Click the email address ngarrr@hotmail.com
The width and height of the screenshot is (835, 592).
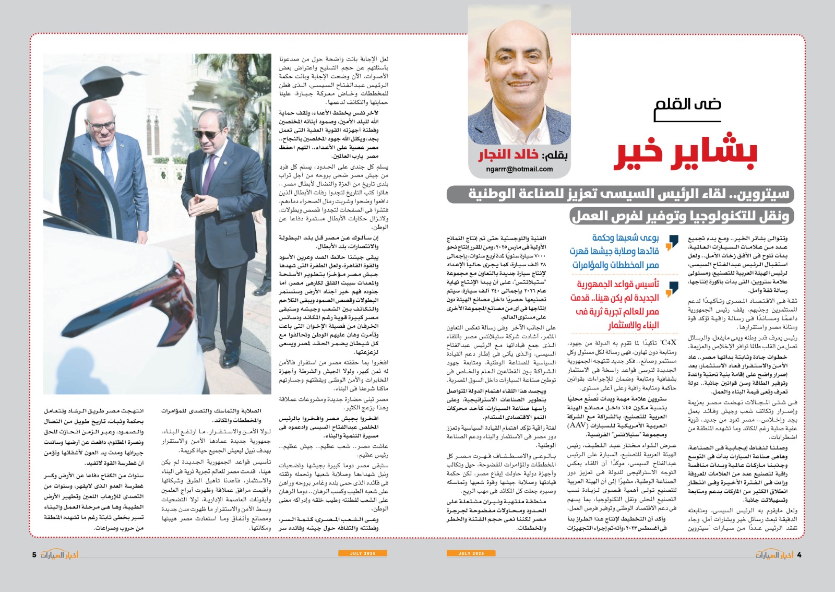pos(519,169)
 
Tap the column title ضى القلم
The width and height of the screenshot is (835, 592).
pos(688,104)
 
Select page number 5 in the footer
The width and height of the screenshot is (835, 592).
pos(34,555)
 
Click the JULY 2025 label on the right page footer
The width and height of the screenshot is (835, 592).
pos(471,553)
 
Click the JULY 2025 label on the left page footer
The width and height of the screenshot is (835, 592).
pos(363,553)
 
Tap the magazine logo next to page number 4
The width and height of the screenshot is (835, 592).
pos(774,554)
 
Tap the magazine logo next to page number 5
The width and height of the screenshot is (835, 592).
pos(59,554)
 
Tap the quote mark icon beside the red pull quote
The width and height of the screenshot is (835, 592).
pos(673,288)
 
